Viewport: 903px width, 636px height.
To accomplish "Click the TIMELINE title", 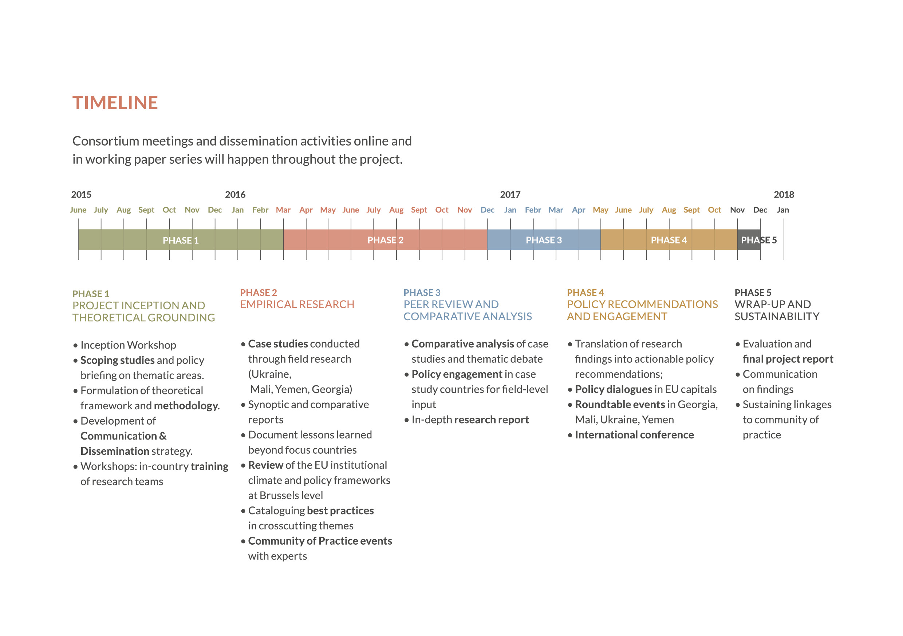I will point(115,103).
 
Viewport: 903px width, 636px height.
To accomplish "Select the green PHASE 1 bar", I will point(181,240).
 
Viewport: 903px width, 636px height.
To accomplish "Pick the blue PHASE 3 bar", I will point(544,240).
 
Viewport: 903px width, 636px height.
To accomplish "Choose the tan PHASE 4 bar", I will point(669,240).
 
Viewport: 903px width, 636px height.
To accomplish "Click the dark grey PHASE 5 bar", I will point(749,240).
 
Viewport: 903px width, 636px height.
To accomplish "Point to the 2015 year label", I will point(81,195).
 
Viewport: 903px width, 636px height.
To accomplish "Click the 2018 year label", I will point(784,195).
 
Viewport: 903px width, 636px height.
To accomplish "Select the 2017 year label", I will point(510,195).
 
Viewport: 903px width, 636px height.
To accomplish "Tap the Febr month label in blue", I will point(533,210).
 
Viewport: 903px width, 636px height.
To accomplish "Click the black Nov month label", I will point(737,210).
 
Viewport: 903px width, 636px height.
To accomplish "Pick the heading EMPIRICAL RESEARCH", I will point(297,304).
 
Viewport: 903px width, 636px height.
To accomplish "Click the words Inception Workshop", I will point(128,345).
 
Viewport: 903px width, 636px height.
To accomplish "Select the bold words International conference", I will point(634,435).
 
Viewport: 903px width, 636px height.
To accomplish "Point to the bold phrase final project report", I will point(788,359).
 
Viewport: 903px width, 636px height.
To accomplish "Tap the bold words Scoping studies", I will point(117,360).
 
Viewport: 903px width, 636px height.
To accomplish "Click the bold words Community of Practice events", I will point(320,541).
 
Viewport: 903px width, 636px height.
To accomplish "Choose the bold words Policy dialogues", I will point(613,389).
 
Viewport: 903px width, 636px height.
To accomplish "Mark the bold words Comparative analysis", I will point(462,344).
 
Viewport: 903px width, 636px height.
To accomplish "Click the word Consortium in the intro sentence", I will point(105,141).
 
